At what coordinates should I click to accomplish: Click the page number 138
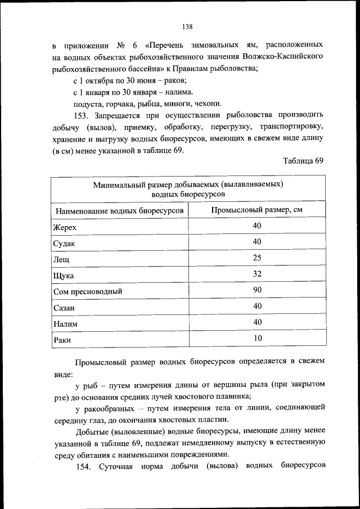pyautogui.click(x=188, y=26)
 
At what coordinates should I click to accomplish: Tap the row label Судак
pyautogui.click(x=64, y=244)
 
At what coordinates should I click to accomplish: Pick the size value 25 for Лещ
pyautogui.click(x=257, y=258)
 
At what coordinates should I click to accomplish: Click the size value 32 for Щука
pyautogui.click(x=257, y=274)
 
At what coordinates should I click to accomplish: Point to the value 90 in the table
pyautogui.click(x=257, y=290)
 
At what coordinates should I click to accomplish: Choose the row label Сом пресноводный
pyautogui.click(x=87, y=292)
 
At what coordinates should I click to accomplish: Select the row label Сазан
pyautogui.click(x=64, y=309)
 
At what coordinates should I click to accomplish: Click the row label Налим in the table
pyautogui.click(x=65, y=325)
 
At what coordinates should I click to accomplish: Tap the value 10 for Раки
pyautogui.click(x=257, y=338)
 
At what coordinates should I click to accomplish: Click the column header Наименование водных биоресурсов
pyautogui.click(x=119, y=211)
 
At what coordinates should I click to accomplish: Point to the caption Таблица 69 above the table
pyautogui.click(x=303, y=161)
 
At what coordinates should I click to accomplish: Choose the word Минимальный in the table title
pyautogui.click(x=118, y=184)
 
